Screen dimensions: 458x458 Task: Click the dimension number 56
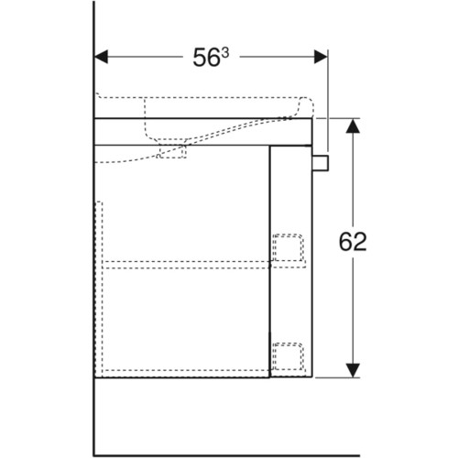206,58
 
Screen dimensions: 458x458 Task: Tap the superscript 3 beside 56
224,54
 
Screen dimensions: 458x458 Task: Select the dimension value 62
353,242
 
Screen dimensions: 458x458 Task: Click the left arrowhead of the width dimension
101,57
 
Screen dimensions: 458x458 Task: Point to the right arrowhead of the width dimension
321,57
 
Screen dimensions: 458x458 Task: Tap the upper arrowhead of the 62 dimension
353,125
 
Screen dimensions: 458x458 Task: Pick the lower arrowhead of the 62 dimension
353,370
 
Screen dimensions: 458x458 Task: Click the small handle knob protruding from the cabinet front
320,162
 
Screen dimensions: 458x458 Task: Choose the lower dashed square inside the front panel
288,356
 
